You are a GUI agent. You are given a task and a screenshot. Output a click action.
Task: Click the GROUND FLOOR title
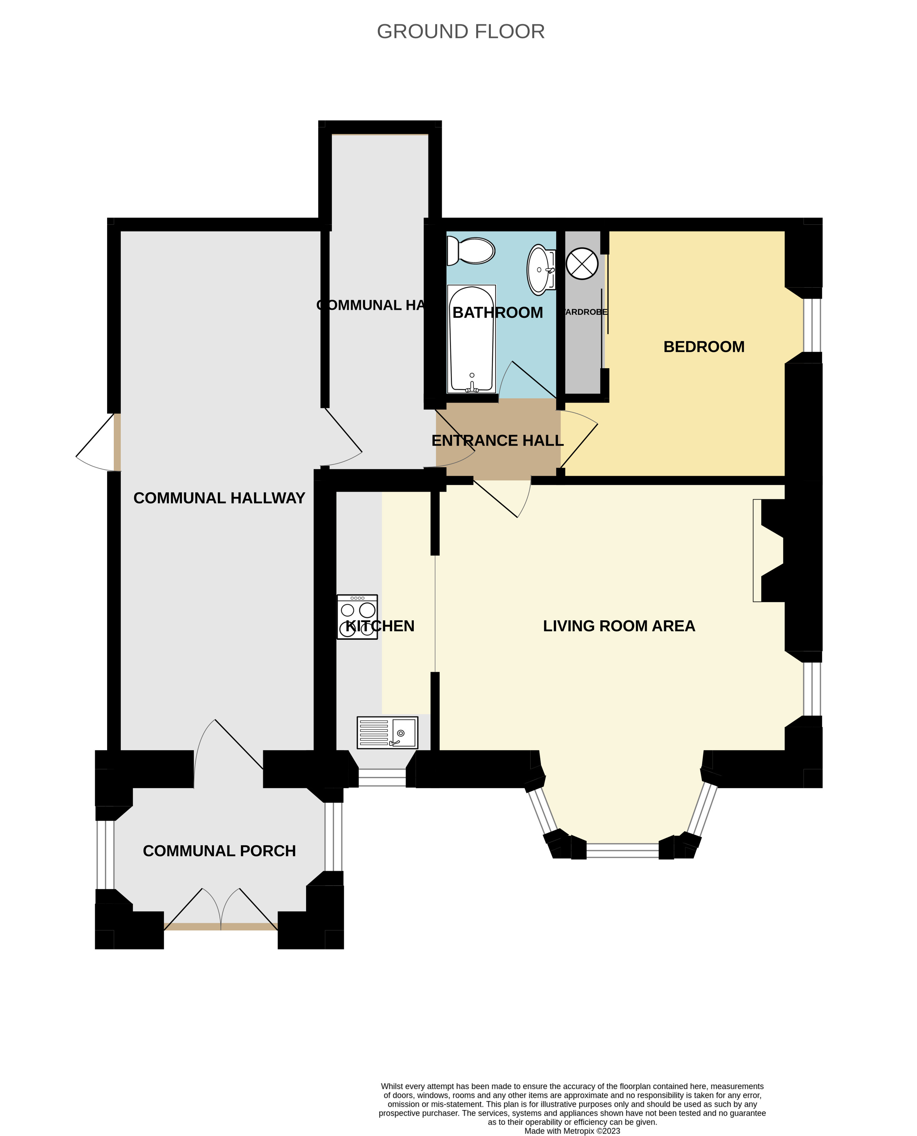[x=461, y=32]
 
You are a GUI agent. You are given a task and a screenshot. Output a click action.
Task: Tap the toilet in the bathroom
[x=471, y=250]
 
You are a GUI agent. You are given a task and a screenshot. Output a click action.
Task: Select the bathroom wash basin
[x=540, y=269]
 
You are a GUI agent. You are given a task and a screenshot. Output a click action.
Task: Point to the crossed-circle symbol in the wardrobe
[x=582, y=263]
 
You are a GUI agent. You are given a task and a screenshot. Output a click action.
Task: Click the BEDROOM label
[x=703, y=347]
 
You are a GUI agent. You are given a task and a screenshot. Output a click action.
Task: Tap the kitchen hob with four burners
[x=357, y=617]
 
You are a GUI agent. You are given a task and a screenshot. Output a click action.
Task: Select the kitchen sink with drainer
[x=387, y=733]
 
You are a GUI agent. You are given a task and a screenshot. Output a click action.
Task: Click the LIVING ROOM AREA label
[x=619, y=626]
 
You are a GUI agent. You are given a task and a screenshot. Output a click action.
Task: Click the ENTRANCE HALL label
[x=497, y=441]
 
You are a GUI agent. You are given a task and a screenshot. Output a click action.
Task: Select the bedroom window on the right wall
[x=813, y=325]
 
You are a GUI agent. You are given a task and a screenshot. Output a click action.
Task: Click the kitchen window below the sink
[x=382, y=777]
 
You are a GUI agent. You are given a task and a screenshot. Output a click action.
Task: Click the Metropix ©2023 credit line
[x=572, y=1131]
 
